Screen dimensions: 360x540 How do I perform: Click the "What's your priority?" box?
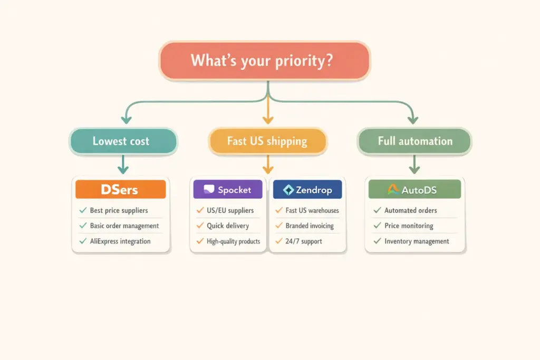pyautogui.click(x=265, y=61)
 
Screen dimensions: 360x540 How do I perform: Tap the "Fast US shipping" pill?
pyautogui.click(x=267, y=141)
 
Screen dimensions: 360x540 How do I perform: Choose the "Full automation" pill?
pyautogui.click(x=414, y=141)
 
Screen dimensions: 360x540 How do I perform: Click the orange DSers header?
pyautogui.click(x=121, y=189)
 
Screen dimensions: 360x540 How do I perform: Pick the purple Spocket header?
pyautogui.click(x=228, y=189)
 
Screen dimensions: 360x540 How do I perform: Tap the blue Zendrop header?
pyautogui.click(x=307, y=189)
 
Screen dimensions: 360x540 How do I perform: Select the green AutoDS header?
pyautogui.click(x=414, y=189)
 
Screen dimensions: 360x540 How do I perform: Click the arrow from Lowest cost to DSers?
pyautogui.click(x=123, y=164)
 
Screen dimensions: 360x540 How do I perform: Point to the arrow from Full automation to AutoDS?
pyautogui.click(x=414, y=164)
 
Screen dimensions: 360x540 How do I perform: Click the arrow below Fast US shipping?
pyautogui.click(x=267, y=164)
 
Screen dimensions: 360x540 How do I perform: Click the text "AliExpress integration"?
pyautogui.click(x=120, y=241)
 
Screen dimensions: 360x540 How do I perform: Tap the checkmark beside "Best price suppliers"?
pyautogui.click(x=83, y=210)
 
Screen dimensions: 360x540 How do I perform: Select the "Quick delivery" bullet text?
pyautogui.click(x=227, y=226)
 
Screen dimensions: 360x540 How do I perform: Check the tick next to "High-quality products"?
pyautogui.click(x=200, y=241)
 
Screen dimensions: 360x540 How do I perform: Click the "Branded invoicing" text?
pyautogui.click(x=310, y=226)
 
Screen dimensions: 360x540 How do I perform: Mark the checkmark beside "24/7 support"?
pyautogui.click(x=279, y=241)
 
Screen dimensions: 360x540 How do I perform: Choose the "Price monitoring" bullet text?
pyautogui.click(x=409, y=226)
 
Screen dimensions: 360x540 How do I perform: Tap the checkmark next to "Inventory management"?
pyautogui.click(x=377, y=241)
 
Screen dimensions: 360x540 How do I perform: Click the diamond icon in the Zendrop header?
pyautogui.click(x=288, y=190)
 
